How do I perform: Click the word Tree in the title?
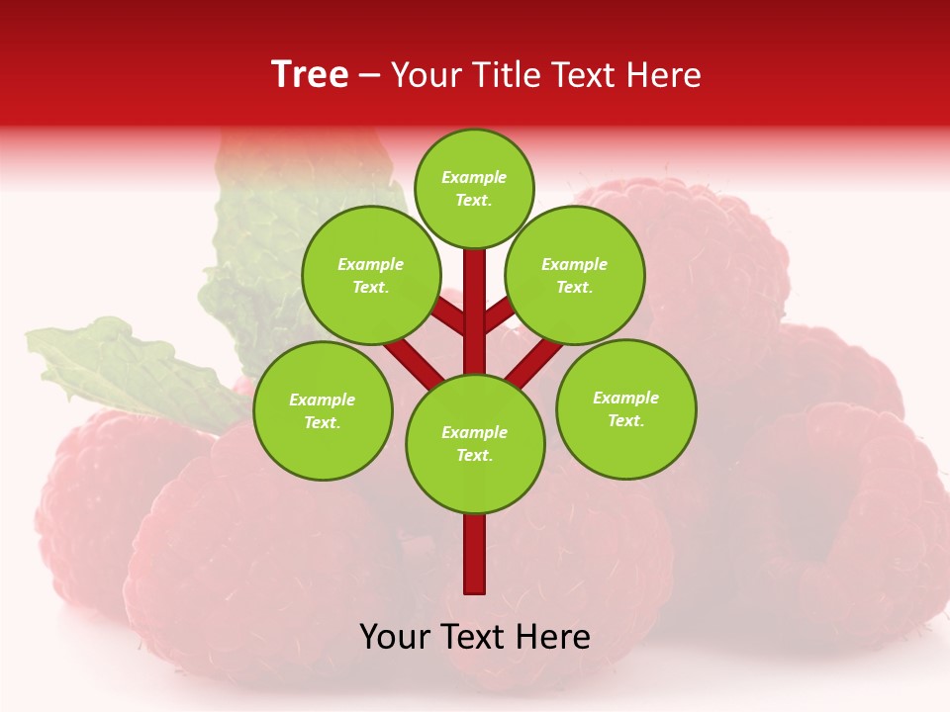click(310, 75)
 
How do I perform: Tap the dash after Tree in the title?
click(370, 76)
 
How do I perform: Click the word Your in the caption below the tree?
click(394, 638)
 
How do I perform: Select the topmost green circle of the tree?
click(474, 188)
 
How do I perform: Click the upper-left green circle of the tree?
click(370, 275)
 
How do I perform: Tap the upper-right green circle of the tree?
click(575, 275)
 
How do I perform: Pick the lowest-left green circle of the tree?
click(323, 410)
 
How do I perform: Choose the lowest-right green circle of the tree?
click(626, 408)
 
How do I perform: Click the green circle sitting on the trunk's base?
click(475, 444)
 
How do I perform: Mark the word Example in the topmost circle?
click(474, 177)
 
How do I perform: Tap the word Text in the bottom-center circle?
click(474, 456)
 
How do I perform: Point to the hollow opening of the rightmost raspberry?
click(841, 534)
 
